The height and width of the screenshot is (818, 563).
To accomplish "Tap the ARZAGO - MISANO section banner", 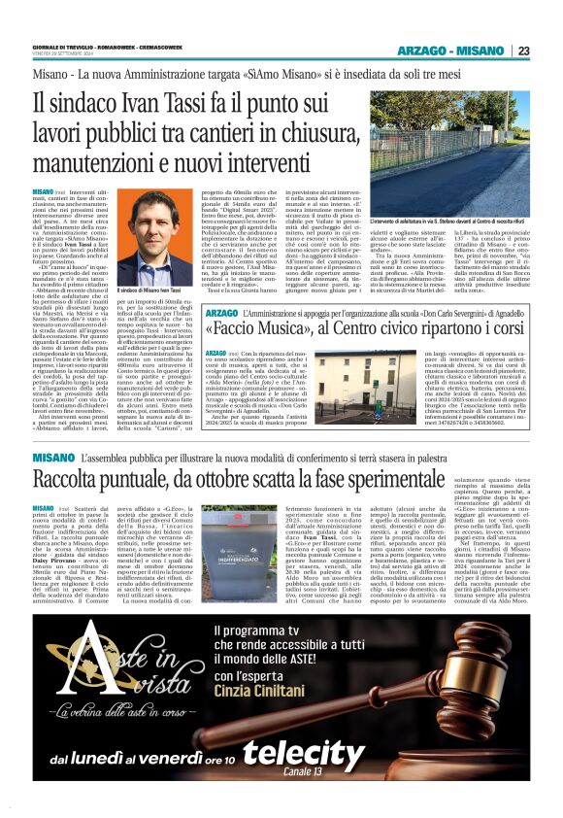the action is coord(453,51).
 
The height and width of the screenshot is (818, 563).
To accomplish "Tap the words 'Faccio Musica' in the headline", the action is coord(109,326).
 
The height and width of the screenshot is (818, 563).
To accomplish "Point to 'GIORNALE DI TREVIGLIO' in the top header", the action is coord(68,46).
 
